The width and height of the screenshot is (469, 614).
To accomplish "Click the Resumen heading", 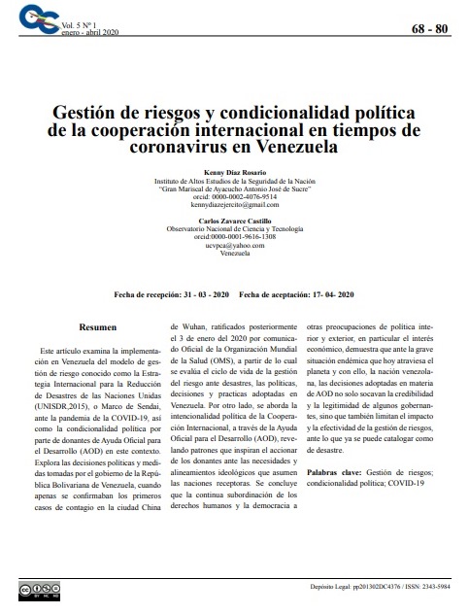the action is (98, 329).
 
